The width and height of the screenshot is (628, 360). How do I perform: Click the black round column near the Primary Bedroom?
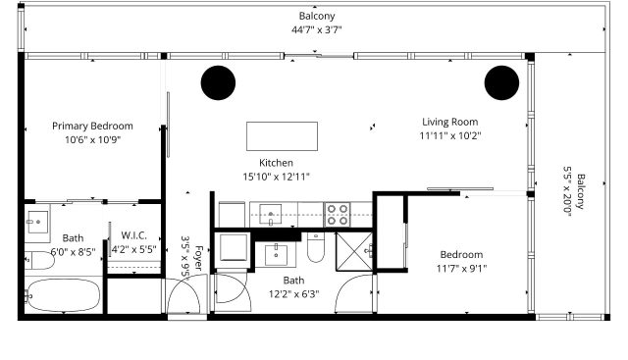point(218,82)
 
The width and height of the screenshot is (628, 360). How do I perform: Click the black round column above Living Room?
point(501,82)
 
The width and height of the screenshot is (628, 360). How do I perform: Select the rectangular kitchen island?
point(282,136)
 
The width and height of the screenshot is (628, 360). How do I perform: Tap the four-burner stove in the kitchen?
point(338,215)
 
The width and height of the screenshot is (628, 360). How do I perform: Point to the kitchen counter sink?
point(271,214)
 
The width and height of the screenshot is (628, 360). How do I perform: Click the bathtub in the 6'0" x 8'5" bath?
point(64,295)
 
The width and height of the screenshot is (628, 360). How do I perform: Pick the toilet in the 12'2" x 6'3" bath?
point(315,247)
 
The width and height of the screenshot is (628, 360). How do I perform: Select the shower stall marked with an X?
point(354,251)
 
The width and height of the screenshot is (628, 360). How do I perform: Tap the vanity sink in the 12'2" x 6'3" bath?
point(276,255)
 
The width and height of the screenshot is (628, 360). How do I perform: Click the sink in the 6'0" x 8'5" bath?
point(37,222)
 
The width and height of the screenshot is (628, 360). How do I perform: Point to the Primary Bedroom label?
point(92,126)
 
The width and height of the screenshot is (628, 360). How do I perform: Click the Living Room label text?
point(450,122)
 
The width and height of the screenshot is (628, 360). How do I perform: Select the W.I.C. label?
point(133,235)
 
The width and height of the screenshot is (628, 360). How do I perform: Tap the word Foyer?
point(198,258)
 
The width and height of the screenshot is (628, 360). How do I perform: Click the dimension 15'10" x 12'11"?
point(277,177)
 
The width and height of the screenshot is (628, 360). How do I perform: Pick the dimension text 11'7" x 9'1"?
point(461,269)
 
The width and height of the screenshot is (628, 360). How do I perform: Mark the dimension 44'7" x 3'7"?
point(316,29)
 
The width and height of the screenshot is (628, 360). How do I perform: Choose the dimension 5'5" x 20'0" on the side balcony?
point(567,191)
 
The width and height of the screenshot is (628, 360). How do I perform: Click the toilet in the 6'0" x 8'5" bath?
point(39,261)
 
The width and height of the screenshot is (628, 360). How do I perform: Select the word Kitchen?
point(276,163)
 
